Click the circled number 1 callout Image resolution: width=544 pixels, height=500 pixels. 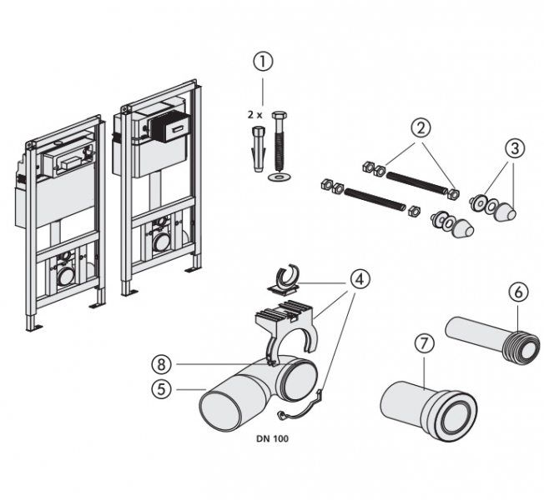(x=264, y=60)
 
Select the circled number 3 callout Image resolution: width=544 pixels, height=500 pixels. (x=514, y=149)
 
